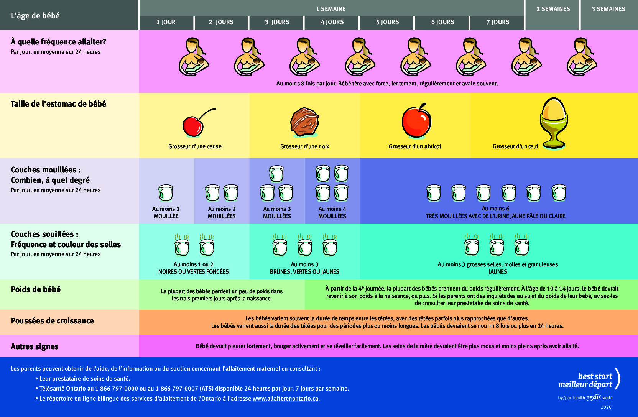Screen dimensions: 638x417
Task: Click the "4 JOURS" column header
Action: (332, 22)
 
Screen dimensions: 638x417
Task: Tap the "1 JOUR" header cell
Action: (166, 22)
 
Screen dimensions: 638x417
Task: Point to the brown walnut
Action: (304, 122)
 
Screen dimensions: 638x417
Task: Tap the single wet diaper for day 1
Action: (166, 193)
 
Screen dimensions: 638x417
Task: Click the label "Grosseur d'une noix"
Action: (304, 146)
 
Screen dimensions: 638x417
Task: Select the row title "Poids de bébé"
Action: (36, 289)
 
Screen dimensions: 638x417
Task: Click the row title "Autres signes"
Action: (35, 346)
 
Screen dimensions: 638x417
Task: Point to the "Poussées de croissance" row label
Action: (52, 321)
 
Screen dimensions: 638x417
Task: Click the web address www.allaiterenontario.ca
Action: (285, 399)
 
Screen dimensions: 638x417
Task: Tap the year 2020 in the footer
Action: (606, 407)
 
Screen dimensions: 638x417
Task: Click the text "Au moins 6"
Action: (495, 208)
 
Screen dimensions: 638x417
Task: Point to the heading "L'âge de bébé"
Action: (35, 16)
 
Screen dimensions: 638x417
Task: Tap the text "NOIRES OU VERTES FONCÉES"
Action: (193, 272)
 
